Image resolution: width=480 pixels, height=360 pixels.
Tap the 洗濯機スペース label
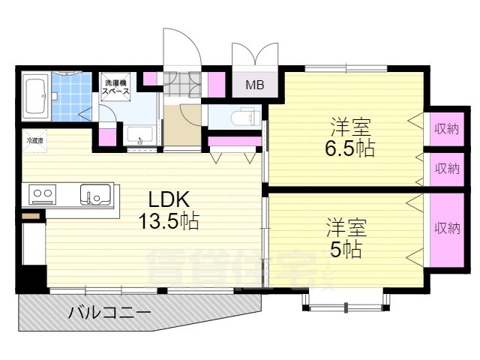[x=116, y=87]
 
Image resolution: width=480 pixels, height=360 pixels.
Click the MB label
[x=255, y=85]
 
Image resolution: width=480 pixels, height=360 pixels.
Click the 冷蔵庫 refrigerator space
[x=34, y=140]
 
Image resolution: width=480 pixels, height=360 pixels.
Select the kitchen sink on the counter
[x=96, y=195]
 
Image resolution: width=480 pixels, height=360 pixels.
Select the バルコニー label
[x=110, y=312]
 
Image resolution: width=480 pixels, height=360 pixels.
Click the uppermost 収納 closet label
[x=446, y=129]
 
